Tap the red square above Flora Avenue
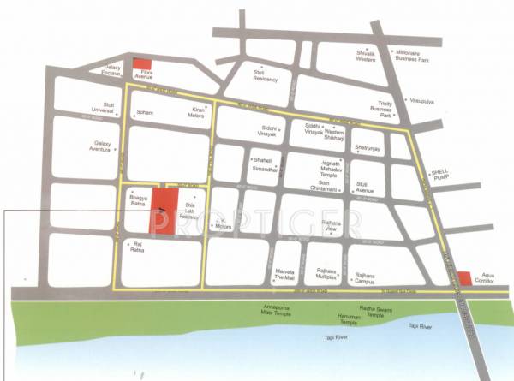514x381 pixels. point(145,64)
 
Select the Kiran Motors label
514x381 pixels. point(199,114)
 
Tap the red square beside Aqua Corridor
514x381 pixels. point(463,278)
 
